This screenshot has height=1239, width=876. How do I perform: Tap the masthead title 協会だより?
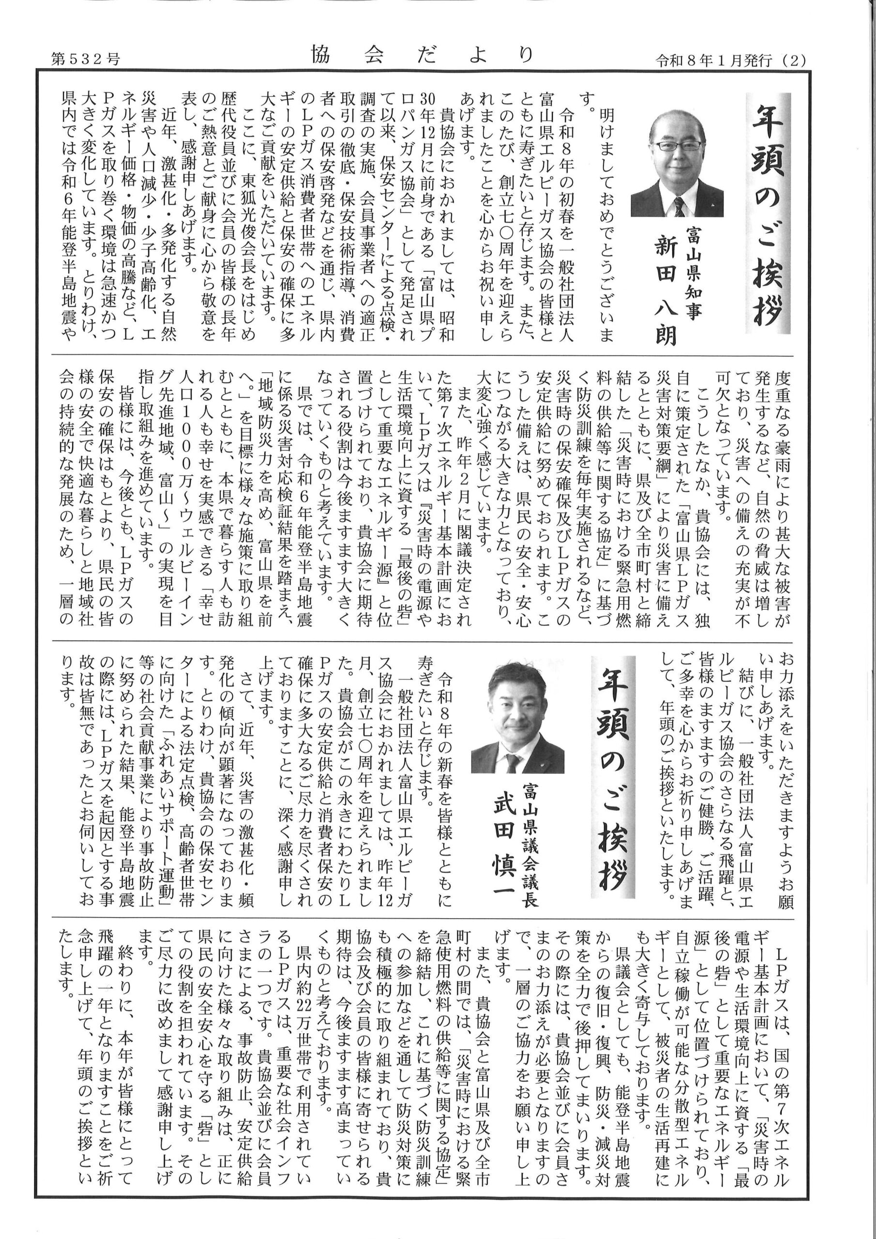click(422, 55)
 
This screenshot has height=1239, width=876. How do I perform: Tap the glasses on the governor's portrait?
click(678, 145)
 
